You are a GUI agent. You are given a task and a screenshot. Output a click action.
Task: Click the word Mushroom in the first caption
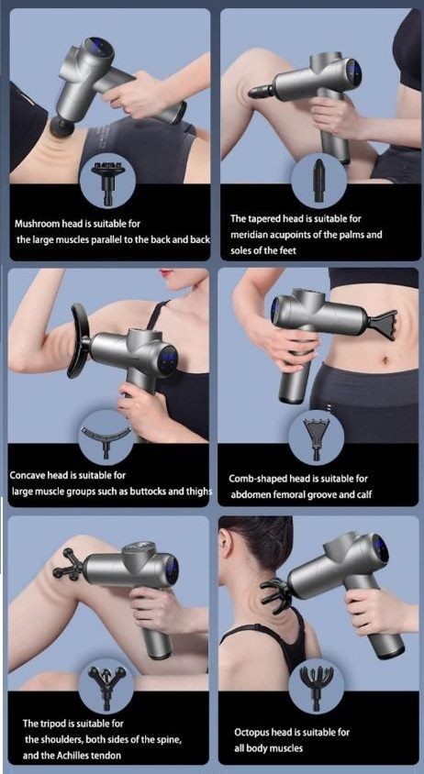pos(39,223)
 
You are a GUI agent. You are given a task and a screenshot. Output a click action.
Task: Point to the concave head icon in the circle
pos(106,431)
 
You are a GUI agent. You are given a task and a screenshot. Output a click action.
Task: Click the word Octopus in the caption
pos(253,732)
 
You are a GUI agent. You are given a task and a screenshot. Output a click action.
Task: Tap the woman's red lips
pos(166,273)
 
